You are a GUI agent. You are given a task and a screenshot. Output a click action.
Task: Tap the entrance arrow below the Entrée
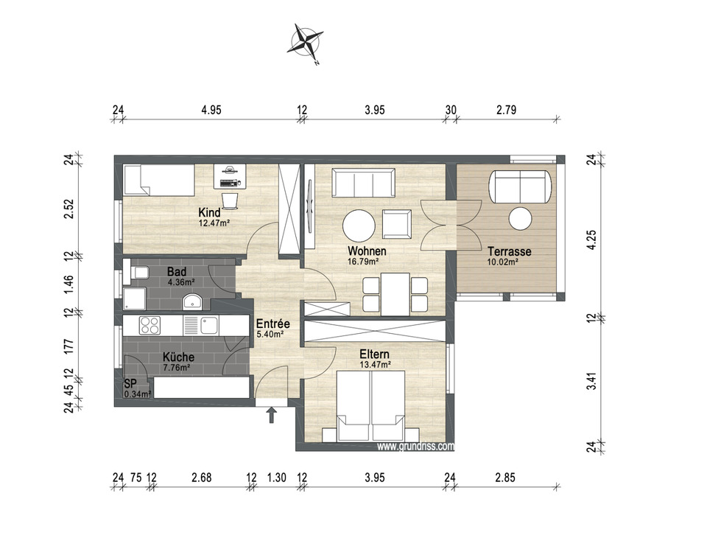tap(272, 415)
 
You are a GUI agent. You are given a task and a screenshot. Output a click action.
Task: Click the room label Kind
tap(210, 212)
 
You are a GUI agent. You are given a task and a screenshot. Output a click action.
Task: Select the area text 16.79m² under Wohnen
tap(362, 261)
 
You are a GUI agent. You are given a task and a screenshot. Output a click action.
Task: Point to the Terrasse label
tap(510, 251)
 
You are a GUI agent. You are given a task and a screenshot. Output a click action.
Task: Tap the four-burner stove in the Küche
tap(150, 325)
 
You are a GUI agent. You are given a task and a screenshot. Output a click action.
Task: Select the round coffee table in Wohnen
tap(359, 226)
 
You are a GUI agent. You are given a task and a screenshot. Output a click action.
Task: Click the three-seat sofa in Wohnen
tap(363, 182)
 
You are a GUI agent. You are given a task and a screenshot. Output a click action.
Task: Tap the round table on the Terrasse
tap(520, 218)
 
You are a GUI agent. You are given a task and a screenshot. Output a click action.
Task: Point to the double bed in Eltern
tap(370, 405)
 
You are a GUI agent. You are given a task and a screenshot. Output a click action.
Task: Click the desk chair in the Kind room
tap(230, 200)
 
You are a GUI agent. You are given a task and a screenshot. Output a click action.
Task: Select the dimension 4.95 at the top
tap(211, 110)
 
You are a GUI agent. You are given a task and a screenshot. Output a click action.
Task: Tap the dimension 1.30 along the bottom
tap(276, 478)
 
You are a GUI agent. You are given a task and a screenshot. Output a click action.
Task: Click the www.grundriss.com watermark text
tap(415, 447)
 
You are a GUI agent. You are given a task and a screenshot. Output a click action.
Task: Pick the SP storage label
tap(130, 385)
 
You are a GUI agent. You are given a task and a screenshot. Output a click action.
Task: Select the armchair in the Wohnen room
tap(397, 224)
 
